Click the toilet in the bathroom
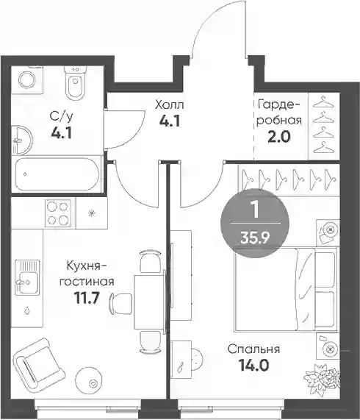[x=75, y=83]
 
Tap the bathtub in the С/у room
[x=57, y=174]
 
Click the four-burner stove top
[x=58, y=213]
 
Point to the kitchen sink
[x=27, y=277]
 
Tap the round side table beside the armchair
[x=88, y=380]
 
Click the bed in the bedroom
[x=286, y=288]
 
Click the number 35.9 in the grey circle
[x=255, y=238]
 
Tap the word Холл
[x=170, y=105]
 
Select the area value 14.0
[x=253, y=366]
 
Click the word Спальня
[x=253, y=349]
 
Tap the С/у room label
[x=61, y=117]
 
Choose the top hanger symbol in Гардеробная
[x=323, y=102]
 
